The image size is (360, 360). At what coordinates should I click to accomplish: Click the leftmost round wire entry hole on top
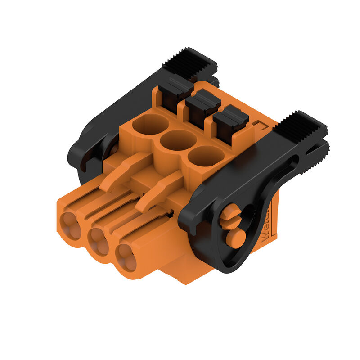click(150, 123)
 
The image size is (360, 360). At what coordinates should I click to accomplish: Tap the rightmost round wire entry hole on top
click(206, 157)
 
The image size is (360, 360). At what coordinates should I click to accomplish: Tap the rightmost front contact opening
click(126, 258)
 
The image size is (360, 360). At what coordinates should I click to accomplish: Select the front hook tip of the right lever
click(189, 223)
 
